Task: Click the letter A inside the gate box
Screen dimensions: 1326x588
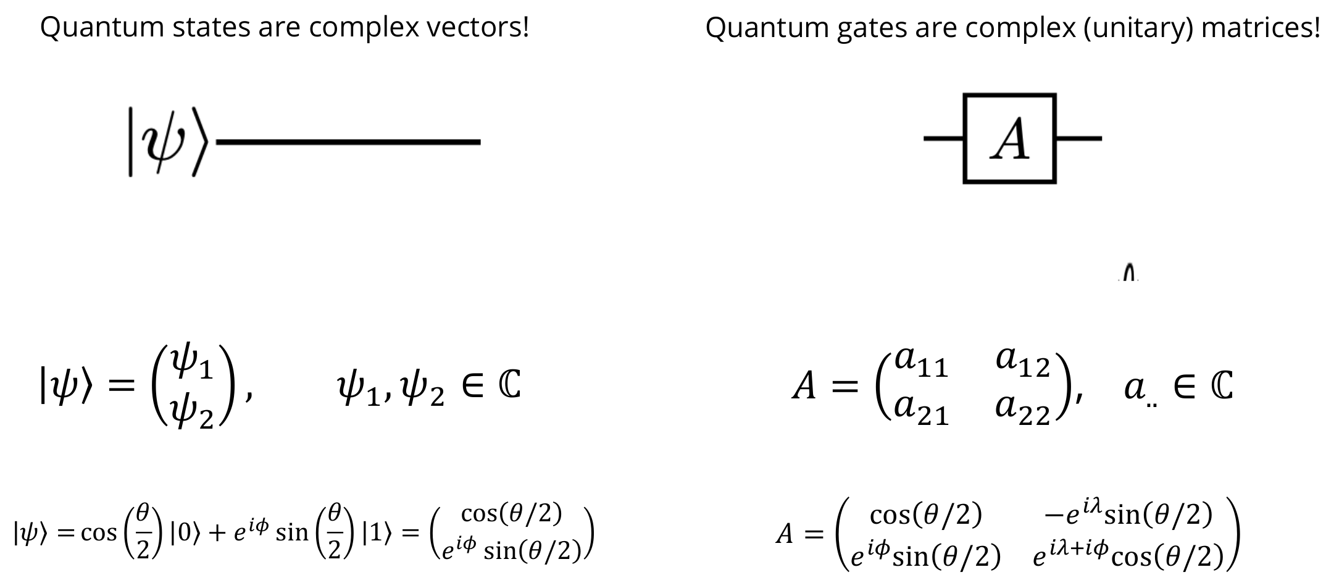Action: (x=1010, y=139)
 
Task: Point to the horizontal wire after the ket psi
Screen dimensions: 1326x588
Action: (x=349, y=142)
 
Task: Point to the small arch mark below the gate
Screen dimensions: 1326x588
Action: (x=1128, y=274)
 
